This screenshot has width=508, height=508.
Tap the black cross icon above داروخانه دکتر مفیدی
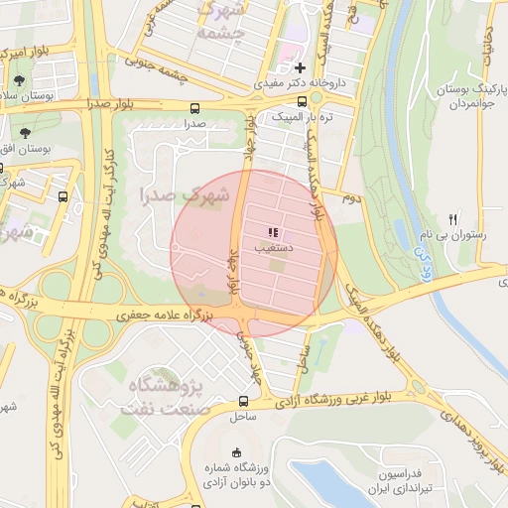(299, 67)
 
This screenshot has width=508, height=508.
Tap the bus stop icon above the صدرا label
(193, 108)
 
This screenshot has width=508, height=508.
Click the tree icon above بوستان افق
(25, 131)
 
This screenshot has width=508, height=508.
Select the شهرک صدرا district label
(185, 194)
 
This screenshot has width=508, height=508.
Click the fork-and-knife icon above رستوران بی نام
(452, 219)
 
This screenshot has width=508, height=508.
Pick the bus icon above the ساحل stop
(243, 402)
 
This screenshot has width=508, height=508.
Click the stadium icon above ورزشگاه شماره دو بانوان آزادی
(235, 453)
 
